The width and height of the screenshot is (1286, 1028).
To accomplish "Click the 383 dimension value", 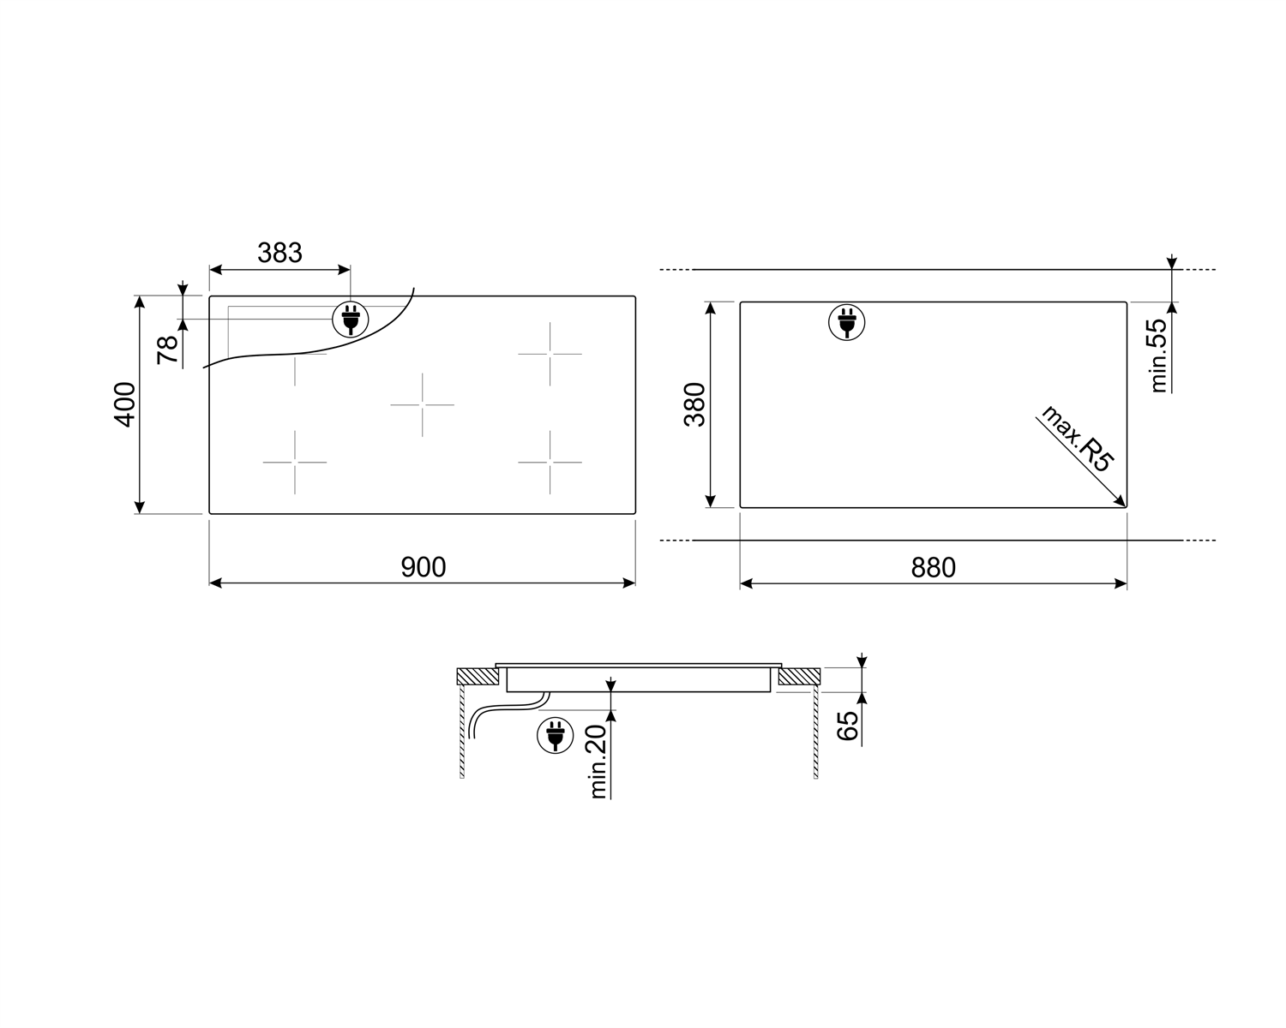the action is pyautogui.click(x=279, y=253).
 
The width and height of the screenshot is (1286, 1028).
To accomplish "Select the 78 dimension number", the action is pyautogui.click(x=168, y=350).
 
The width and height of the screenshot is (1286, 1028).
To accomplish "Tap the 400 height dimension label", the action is pyautogui.click(x=125, y=404).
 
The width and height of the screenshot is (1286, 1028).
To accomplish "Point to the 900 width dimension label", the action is pyautogui.click(x=423, y=567).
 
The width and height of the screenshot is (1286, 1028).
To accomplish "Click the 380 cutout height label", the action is pyautogui.click(x=694, y=404).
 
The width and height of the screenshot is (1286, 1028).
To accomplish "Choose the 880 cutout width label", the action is pyautogui.click(x=934, y=567).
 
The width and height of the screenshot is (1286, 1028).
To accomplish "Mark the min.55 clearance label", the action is pyautogui.click(x=1159, y=356).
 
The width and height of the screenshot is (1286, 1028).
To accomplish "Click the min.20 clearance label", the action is pyautogui.click(x=598, y=762).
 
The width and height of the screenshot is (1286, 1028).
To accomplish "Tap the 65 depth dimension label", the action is pyautogui.click(x=847, y=726).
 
